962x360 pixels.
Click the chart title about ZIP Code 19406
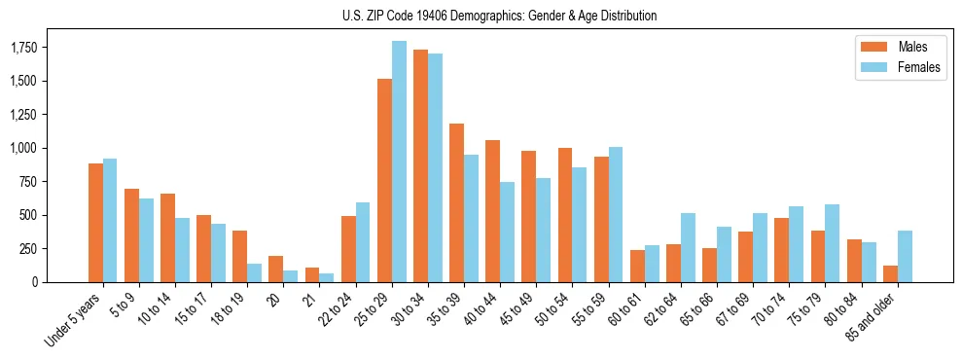click(x=499, y=16)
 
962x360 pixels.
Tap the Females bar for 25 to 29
click(x=399, y=162)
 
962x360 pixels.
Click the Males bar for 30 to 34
click(x=420, y=165)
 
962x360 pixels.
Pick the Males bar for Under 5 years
click(x=95, y=223)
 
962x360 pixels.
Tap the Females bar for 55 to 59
click(x=616, y=214)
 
